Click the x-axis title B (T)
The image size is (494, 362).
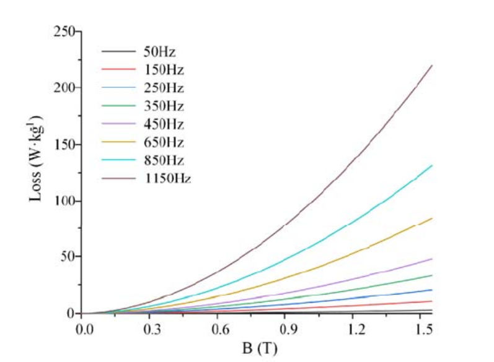[257, 348]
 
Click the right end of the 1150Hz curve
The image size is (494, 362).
[431, 65]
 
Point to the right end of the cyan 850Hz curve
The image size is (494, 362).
[431, 165]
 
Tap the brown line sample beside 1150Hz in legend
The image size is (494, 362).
[118, 179]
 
